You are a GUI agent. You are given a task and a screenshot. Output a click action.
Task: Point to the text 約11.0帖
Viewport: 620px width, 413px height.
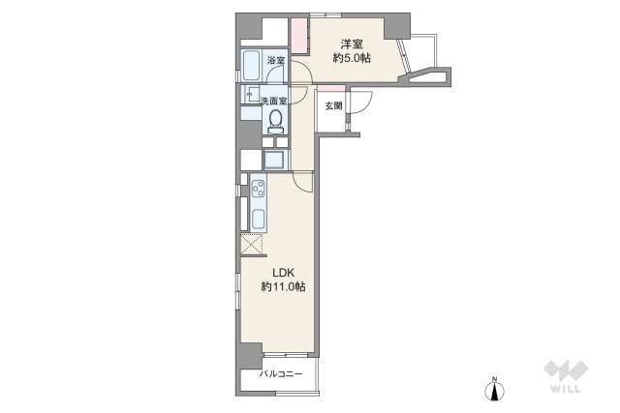point(282,287)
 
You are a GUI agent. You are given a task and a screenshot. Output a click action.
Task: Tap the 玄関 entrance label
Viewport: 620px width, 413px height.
point(333,104)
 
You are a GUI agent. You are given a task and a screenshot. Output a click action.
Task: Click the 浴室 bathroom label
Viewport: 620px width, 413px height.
point(276,61)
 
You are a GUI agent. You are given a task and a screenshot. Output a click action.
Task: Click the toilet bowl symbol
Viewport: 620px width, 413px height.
point(275,119)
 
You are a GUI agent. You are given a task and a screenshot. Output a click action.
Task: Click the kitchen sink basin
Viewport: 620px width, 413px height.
point(259,220)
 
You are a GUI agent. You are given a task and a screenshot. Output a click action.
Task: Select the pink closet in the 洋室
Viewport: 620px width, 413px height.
point(298,40)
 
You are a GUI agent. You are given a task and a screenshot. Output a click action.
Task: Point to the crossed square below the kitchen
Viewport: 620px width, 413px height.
point(251,245)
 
